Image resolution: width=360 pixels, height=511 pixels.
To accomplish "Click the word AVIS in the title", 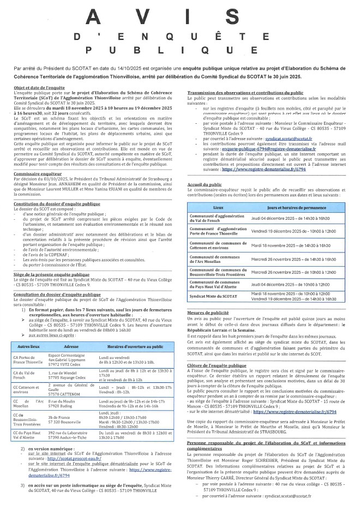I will [x=179, y=17].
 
